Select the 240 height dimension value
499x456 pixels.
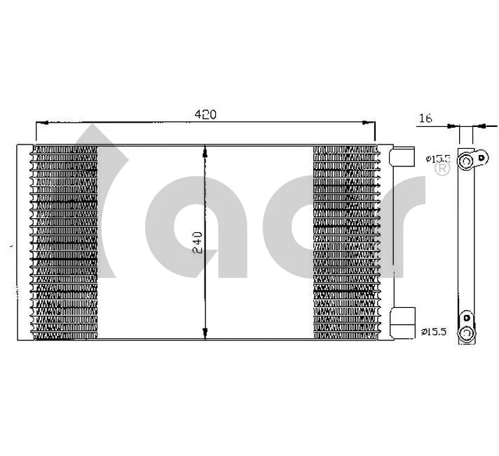pyautogui.click(x=196, y=242)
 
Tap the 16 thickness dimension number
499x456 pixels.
pyautogui.click(x=425, y=119)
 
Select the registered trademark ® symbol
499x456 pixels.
pyautogui.click(x=442, y=170)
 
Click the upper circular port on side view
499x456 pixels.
pyautogui.click(x=465, y=163)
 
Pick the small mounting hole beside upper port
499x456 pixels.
pyautogui.click(x=481, y=157)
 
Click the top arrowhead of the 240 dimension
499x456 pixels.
pyautogui.click(x=205, y=150)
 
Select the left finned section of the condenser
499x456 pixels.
pyautogui.click(x=64, y=242)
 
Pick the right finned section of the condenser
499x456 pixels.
pyautogui.click(x=346, y=242)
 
